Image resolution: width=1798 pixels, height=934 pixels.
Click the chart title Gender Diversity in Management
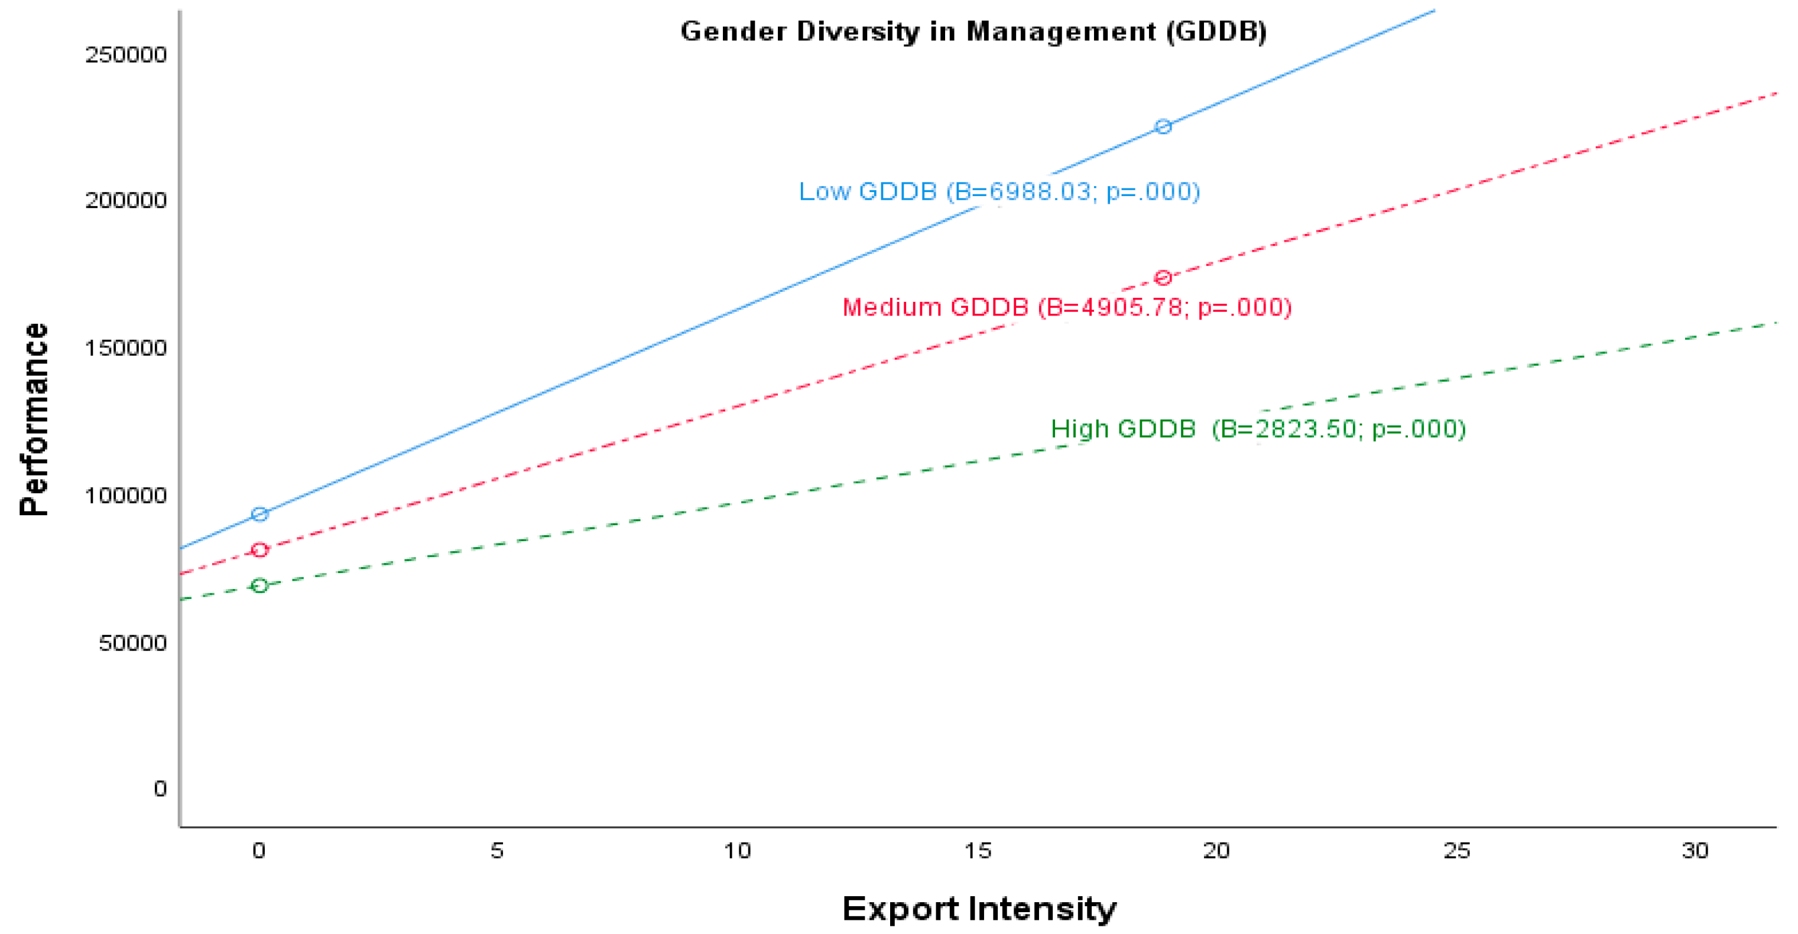(973, 32)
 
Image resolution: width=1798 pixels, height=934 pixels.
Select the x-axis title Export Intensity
(979, 909)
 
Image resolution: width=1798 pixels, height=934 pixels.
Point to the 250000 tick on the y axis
(126, 55)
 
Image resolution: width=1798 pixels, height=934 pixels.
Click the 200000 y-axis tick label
(126, 201)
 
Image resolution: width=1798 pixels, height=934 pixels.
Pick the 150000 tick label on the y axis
(126, 348)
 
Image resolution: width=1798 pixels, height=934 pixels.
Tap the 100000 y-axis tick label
(126, 495)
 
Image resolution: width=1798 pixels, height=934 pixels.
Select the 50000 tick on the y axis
(132, 642)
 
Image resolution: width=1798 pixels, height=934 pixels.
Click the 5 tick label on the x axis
(497, 850)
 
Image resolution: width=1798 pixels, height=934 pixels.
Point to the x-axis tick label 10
(737, 850)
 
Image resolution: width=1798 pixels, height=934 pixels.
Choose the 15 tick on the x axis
(977, 850)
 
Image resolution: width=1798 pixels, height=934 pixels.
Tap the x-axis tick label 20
(1216, 850)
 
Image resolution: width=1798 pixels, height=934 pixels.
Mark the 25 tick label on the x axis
(1457, 850)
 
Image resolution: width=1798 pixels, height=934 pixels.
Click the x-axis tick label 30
(1695, 850)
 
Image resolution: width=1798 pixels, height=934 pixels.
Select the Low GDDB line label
(999, 192)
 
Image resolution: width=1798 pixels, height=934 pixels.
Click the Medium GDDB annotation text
(1066, 307)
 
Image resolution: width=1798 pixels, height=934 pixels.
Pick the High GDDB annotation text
(1258, 428)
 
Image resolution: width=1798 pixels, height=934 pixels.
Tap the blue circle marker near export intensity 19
(1163, 126)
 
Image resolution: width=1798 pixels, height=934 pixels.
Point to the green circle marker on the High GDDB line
(259, 585)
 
